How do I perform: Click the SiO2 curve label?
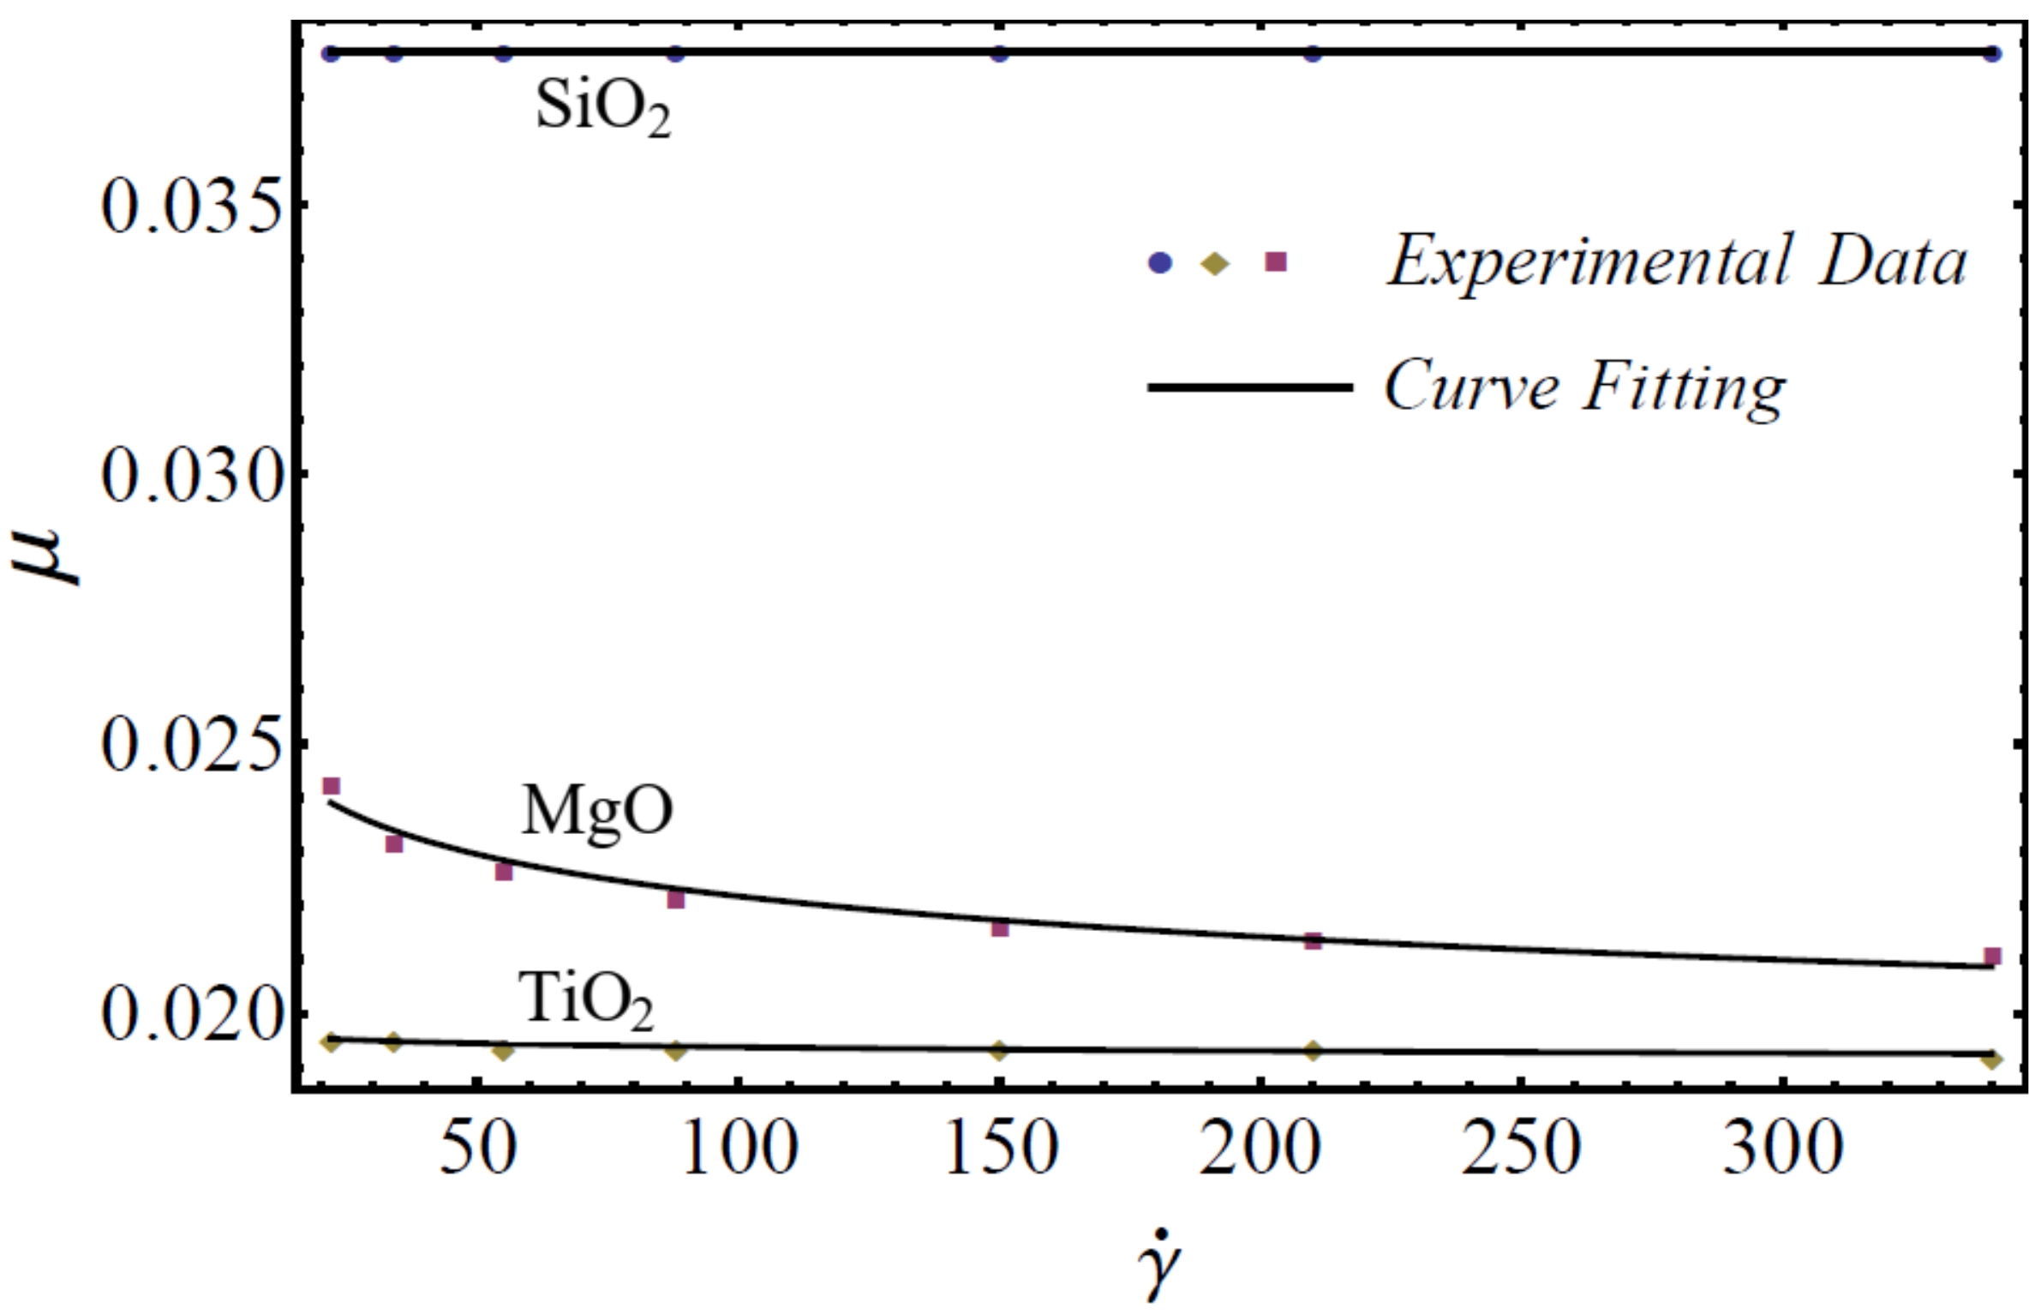tap(602, 109)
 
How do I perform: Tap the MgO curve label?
tap(597, 812)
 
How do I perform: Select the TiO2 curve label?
tap(586, 1000)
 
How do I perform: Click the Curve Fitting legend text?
tap(1584, 387)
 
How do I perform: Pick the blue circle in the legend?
tap(1159, 264)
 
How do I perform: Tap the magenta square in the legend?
tap(1277, 261)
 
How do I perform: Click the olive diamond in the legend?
tap(1215, 265)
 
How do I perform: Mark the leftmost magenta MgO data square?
tap(331, 786)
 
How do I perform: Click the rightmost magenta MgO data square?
tap(1993, 956)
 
